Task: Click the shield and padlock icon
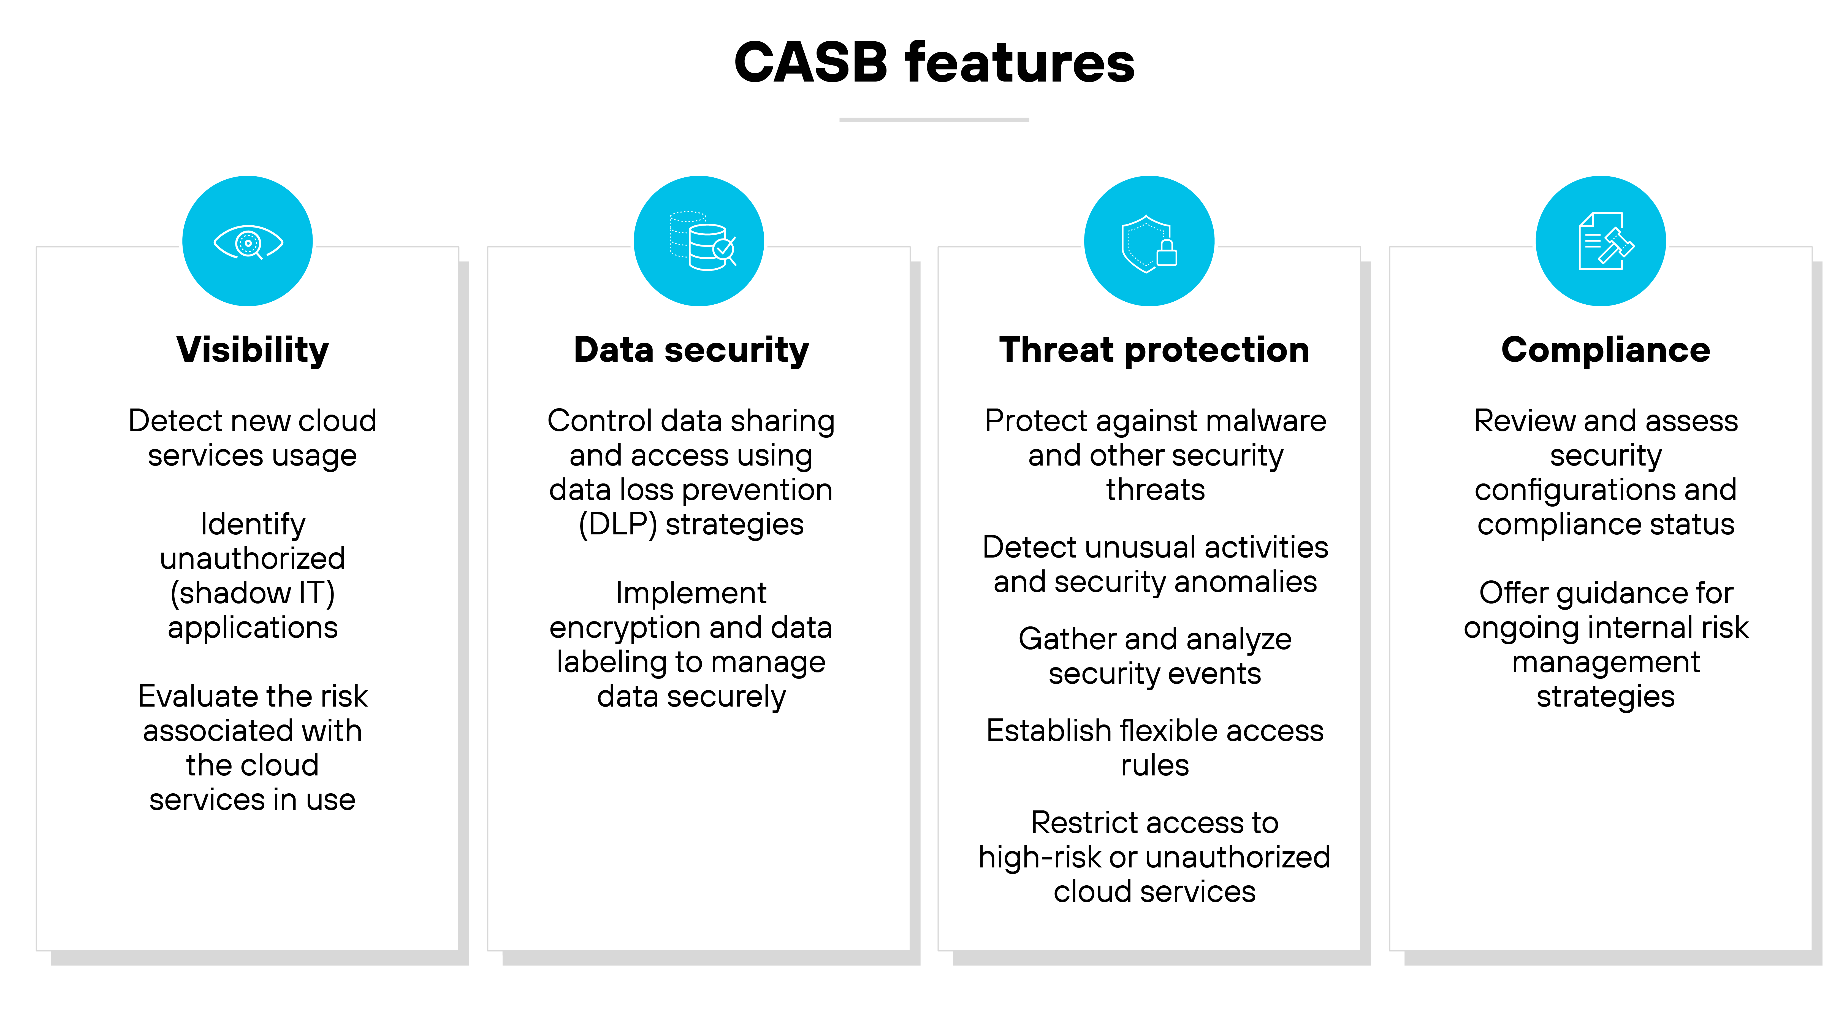coord(1149,243)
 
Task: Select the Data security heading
coord(691,350)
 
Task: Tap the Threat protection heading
coord(1154,350)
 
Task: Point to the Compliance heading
coord(1605,350)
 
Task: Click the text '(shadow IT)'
coord(252,593)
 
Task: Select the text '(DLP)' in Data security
coord(617,525)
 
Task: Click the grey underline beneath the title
coord(934,120)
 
